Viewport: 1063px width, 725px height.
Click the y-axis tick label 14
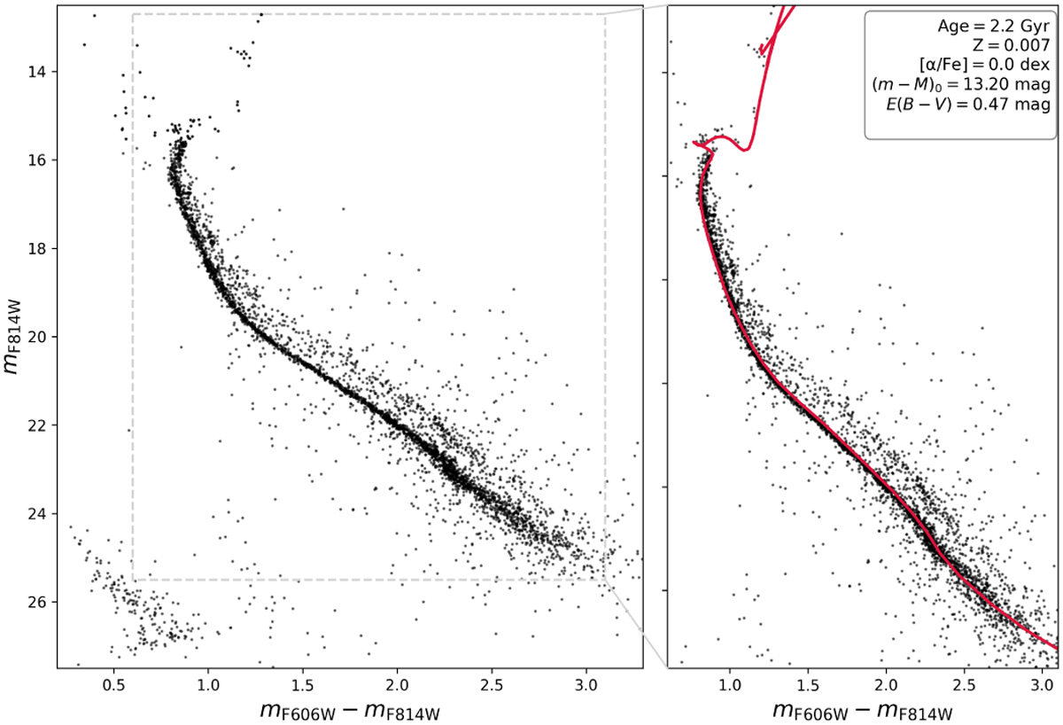[x=36, y=72]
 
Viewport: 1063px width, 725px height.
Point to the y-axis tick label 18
[x=36, y=248]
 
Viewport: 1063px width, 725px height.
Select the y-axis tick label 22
[x=36, y=425]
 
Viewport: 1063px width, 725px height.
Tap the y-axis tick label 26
[x=36, y=602]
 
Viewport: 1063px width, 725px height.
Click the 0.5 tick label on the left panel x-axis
[x=114, y=686]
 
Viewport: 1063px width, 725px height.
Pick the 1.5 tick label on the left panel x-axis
[x=303, y=686]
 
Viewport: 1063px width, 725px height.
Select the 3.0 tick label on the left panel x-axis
[x=586, y=686]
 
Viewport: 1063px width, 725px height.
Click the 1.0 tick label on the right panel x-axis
[x=730, y=686]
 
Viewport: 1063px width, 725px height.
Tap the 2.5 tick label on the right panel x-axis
[x=965, y=686]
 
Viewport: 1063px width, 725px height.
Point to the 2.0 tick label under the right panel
[x=886, y=686]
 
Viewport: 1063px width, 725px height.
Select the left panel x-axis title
[x=350, y=711]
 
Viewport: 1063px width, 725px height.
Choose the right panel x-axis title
[x=863, y=711]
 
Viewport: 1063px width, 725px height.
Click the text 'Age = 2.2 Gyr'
[x=994, y=27]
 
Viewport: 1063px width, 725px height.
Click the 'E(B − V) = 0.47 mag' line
[x=968, y=104]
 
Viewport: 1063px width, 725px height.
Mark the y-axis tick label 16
[x=36, y=160]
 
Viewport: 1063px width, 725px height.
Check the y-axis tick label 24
[x=36, y=514]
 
